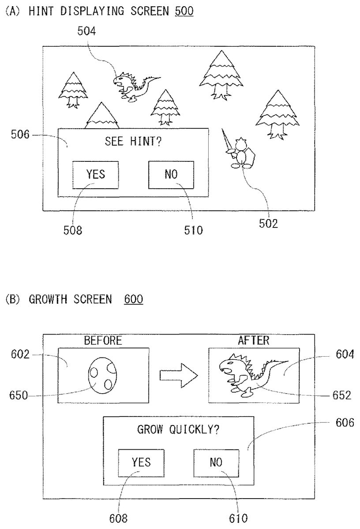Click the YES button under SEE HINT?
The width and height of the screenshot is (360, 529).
pyautogui.click(x=96, y=174)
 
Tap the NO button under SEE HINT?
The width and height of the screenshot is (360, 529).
pyautogui.click(x=171, y=174)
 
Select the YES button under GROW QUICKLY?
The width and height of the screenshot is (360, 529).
pyautogui.click(x=141, y=462)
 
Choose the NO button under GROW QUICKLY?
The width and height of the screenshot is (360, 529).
pyautogui.click(x=216, y=462)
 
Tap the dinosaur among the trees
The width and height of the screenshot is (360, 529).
pyautogui.click(x=133, y=86)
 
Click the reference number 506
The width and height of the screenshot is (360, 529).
pyautogui.click(x=20, y=135)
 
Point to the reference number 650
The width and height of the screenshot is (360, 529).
pyautogui.click(x=18, y=395)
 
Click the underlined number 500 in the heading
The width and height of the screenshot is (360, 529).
pyautogui.click(x=184, y=11)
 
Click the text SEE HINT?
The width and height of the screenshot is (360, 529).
pyautogui.click(x=133, y=142)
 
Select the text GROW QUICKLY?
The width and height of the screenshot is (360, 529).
pyautogui.click(x=178, y=430)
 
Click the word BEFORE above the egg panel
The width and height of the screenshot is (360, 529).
pyautogui.click(x=103, y=340)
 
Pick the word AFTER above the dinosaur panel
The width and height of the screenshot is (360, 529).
pyautogui.click(x=254, y=340)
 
